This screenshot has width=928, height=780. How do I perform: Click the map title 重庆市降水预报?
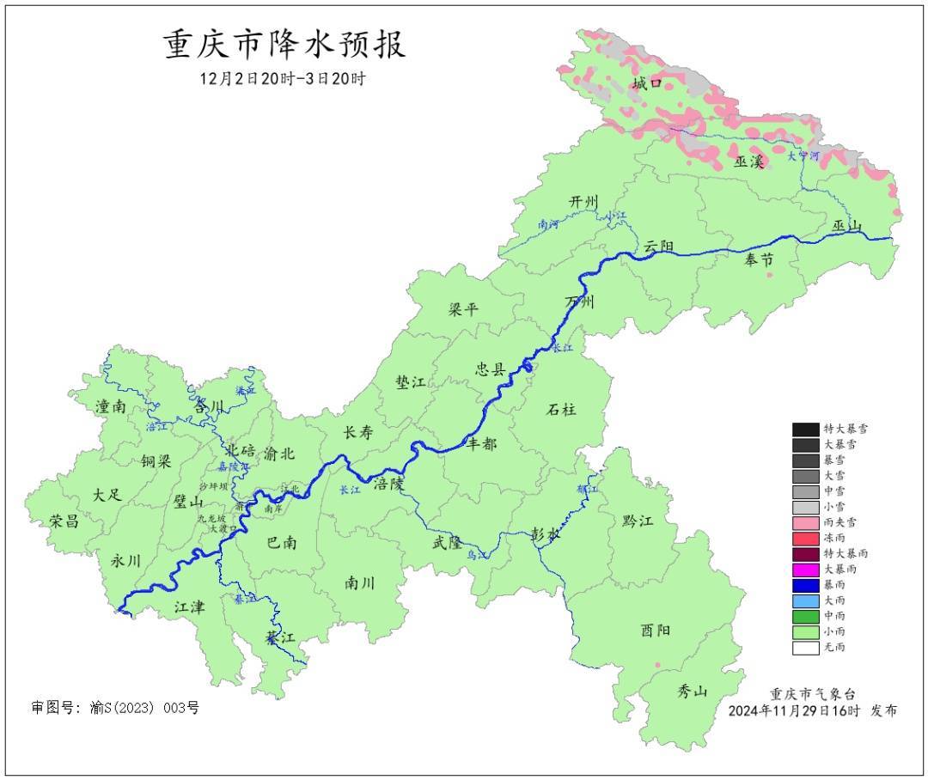(284, 46)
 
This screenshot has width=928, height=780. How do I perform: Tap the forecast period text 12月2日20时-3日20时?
(283, 78)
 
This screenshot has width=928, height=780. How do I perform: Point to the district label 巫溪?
(749, 161)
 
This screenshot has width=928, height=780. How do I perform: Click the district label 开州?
(583, 201)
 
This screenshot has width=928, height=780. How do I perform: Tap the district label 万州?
(580, 302)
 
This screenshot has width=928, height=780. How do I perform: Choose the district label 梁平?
(463, 309)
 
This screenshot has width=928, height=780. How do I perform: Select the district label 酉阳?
(656, 630)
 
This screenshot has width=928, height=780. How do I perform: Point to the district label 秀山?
(692, 690)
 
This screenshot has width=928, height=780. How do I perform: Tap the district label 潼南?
(111, 406)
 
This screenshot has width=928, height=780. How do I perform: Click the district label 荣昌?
(64, 521)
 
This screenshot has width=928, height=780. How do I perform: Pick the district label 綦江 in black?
(279, 638)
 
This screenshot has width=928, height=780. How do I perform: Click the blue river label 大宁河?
(803, 155)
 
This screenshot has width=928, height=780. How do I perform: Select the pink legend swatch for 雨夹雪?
(805, 522)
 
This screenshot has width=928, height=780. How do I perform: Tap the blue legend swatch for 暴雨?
(805, 585)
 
